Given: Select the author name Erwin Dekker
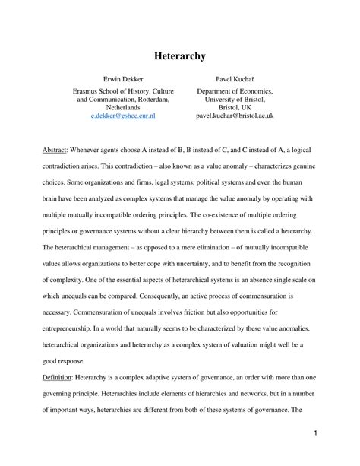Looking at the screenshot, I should point(122,78).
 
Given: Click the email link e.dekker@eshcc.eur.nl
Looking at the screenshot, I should point(123,116).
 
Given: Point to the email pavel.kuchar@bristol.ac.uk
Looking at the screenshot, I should point(235,116).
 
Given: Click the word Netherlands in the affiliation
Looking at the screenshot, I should point(122,107).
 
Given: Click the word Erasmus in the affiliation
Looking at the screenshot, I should point(81,90).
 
